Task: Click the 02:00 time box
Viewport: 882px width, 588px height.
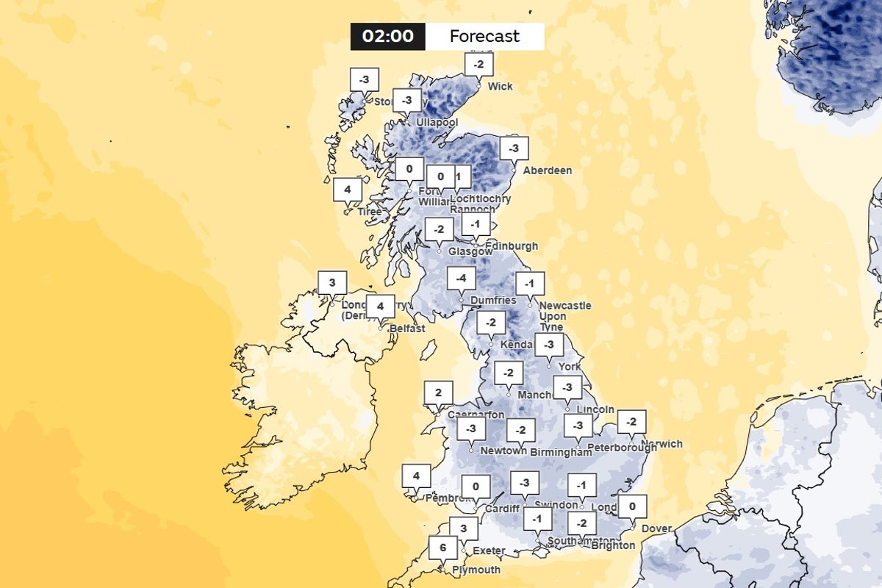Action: (387, 36)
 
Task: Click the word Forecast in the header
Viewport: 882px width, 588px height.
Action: (484, 36)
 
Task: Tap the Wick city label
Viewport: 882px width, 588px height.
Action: (501, 87)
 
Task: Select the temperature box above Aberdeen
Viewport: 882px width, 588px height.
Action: (514, 148)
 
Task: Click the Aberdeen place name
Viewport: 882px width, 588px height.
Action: (547, 171)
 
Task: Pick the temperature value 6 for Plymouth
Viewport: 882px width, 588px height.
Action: (443, 548)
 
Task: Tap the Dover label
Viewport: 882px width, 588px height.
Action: (656, 528)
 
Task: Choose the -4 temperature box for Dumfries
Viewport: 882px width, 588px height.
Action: (461, 279)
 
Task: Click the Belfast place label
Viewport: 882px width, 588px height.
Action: (408, 329)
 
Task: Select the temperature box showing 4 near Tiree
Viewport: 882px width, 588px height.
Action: (348, 190)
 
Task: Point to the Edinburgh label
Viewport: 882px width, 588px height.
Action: (511, 246)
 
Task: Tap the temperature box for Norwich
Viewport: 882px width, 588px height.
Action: (631, 422)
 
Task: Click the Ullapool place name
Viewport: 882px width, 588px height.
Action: (437, 122)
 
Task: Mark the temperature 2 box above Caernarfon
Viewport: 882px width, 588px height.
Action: (438, 392)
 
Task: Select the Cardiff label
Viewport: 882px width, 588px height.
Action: (502, 509)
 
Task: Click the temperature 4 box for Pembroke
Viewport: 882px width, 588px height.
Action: (416, 476)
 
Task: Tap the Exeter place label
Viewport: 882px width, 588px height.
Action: (489, 551)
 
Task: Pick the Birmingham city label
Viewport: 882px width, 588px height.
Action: (561, 453)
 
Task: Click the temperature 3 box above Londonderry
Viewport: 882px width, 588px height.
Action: (332, 282)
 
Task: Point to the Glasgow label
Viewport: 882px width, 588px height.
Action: (470, 251)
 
